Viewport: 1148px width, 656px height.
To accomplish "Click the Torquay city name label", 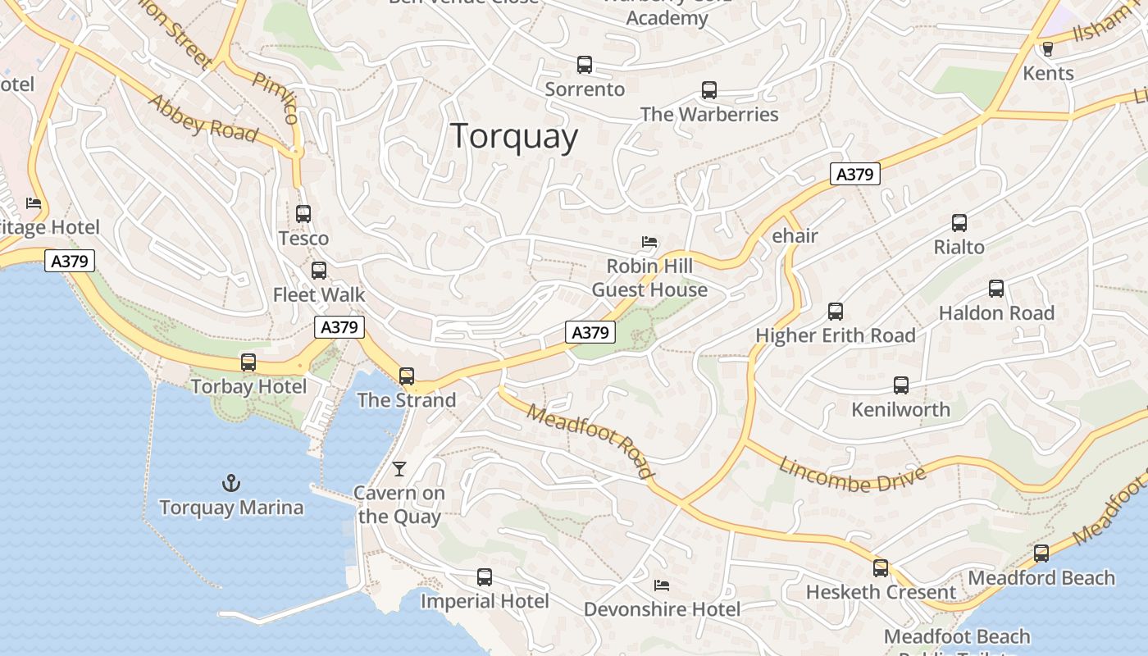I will (x=514, y=136).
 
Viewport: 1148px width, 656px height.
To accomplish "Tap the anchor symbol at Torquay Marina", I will (x=231, y=483).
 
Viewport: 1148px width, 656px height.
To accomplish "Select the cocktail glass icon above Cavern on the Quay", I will (x=399, y=469).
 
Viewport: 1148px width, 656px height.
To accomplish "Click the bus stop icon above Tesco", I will (x=303, y=214).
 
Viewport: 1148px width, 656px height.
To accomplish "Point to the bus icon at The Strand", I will (x=407, y=376).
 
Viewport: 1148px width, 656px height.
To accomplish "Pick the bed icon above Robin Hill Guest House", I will (x=649, y=242).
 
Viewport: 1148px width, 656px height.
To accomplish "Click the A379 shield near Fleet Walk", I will (x=339, y=327).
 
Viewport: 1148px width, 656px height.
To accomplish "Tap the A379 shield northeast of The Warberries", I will (x=854, y=174).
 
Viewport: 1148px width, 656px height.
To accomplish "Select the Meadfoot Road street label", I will (x=590, y=441).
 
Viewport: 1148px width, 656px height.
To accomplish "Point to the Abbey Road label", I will (x=203, y=117).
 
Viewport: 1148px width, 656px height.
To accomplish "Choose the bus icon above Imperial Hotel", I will (x=485, y=577).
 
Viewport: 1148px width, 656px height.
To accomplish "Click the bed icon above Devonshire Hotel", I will (x=662, y=585).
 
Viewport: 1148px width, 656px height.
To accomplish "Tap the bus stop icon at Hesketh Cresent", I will (x=881, y=568).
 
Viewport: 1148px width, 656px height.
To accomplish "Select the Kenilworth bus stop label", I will (x=900, y=409).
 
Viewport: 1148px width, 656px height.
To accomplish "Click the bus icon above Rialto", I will (x=959, y=223).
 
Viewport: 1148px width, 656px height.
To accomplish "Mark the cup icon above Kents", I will (x=1047, y=49).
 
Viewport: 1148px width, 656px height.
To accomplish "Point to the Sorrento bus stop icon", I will (x=585, y=65).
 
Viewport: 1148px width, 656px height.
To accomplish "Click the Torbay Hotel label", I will (x=248, y=386).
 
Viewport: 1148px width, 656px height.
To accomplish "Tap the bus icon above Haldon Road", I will (x=996, y=289).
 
